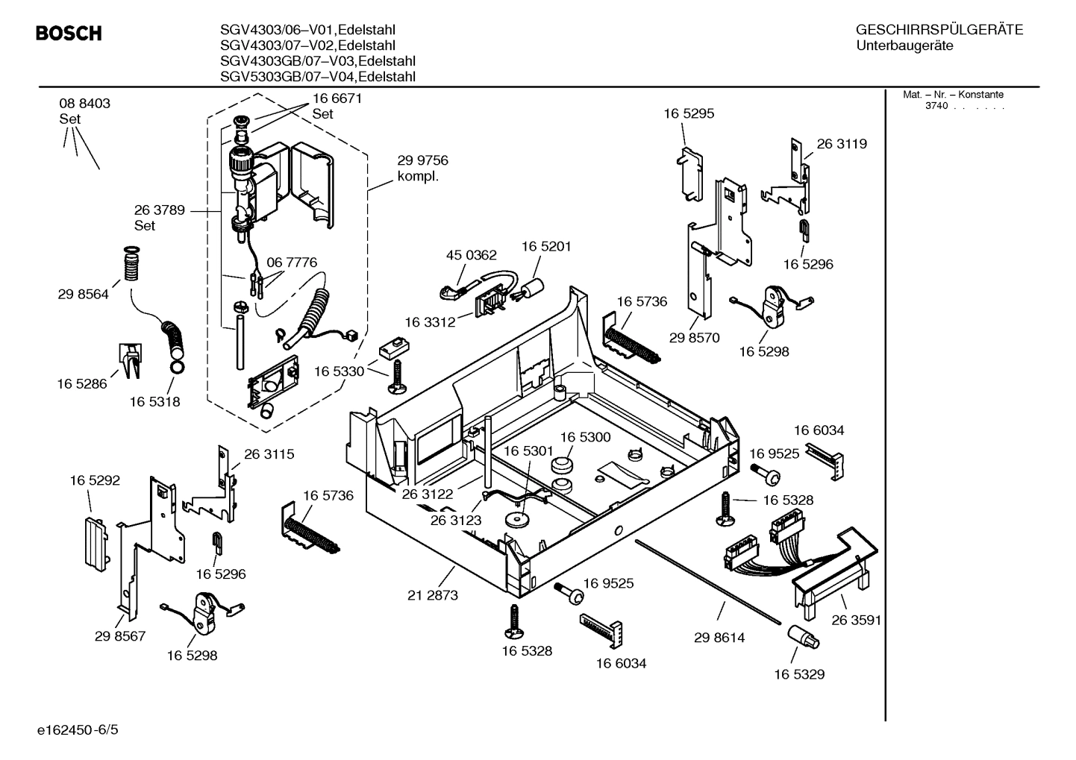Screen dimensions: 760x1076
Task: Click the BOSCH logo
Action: coord(69,34)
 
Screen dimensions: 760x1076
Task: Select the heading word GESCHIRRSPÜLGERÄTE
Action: coord(939,30)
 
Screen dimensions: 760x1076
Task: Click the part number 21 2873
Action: coord(433,595)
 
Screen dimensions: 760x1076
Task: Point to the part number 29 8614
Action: coord(719,638)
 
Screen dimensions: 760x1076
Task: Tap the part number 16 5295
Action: coord(689,113)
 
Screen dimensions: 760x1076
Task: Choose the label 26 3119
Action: coord(842,144)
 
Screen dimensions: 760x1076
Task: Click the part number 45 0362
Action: coord(471,255)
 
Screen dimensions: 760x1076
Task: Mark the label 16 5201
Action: coord(546,246)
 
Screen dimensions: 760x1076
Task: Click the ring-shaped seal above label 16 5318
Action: coord(178,367)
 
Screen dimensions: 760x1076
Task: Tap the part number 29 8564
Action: coord(83,294)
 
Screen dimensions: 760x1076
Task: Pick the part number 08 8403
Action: coord(84,104)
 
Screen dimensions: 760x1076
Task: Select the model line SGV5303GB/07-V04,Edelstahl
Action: coord(318,77)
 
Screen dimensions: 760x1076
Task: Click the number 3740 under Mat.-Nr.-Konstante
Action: coord(936,106)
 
